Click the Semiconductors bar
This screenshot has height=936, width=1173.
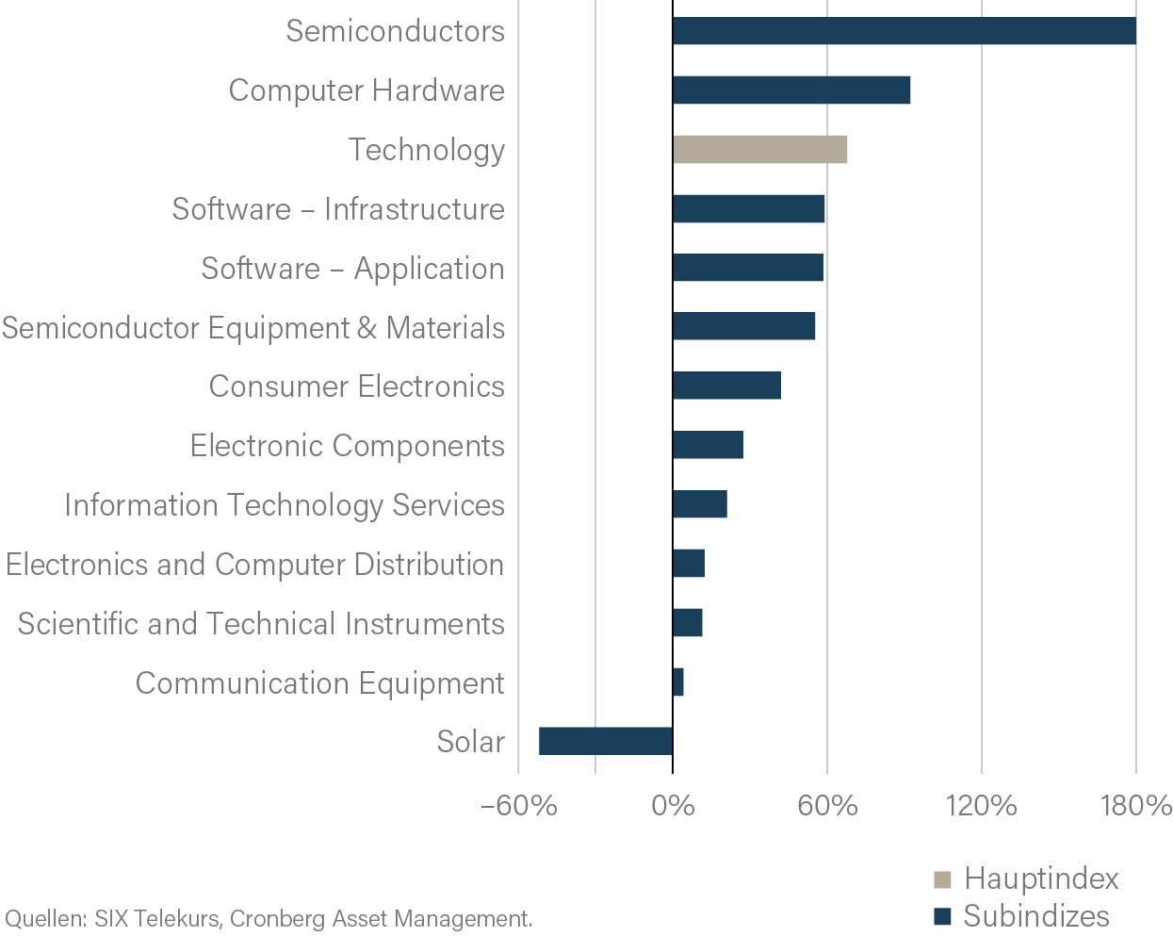904,31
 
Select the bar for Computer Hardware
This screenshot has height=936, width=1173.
791,90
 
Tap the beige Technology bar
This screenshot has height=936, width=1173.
759,150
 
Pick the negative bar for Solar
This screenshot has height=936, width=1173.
606,742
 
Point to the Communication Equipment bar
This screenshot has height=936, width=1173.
678,682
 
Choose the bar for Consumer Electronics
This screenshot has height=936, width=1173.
726,386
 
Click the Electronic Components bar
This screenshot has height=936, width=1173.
708,445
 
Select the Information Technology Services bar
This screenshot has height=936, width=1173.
700,504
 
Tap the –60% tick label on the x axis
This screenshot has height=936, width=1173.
518,807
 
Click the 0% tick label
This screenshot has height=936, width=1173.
673,807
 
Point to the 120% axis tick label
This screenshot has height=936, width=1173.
982,807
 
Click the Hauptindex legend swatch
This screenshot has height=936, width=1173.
942,880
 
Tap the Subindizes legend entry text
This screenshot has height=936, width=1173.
1036,916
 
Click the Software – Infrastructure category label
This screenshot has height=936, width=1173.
338,209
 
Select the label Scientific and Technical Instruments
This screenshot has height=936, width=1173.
261,624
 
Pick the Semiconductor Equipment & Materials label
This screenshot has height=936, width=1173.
253,328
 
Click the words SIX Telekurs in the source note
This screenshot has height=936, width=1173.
157,919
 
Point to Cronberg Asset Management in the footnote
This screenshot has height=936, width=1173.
381,919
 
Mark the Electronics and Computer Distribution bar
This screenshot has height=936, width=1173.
689,564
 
